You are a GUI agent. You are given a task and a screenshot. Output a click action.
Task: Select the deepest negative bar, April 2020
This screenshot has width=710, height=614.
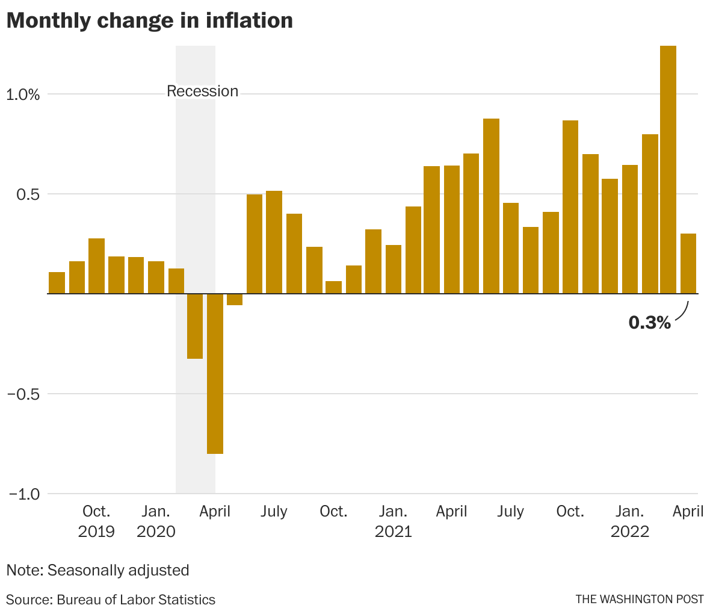pyautogui.click(x=215, y=373)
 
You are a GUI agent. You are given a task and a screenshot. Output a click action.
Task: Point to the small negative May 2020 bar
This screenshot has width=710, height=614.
pyautogui.click(x=235, y=300)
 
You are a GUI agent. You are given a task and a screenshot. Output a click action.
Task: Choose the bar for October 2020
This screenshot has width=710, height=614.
pyautogui.click(x=333, y=288)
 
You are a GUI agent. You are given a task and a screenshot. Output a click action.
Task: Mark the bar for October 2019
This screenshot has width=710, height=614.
pyautogui.click(x=96, y=266)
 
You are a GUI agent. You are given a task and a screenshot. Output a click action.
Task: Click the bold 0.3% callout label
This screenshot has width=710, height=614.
pyautogui.click(x=649, y=323)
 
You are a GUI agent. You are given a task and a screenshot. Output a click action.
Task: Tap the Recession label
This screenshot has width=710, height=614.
pyautogui.click(x=202, y=91)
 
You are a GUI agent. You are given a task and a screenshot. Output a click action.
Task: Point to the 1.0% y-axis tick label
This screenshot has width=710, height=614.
pyautogui.click(x=23, y=95)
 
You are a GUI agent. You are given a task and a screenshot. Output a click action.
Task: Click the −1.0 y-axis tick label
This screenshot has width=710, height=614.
pyautogui.click(x=24, y=494)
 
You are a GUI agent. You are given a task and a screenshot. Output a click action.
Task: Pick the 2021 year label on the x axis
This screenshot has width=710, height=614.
pyautogui.click(x=393, y=532)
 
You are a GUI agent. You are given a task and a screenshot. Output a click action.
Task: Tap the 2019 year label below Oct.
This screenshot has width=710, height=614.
pyautogui.click(x=96, y=532)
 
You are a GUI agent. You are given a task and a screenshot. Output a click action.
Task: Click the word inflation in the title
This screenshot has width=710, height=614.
pyautogui.click(x=249, y=20)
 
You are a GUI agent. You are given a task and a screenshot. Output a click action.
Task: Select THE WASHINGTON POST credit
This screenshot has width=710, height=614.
pyautogui.click(x=639, y=600)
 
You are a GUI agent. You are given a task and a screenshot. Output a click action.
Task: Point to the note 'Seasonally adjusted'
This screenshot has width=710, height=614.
pyautogui.click(x=118, y=570)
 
